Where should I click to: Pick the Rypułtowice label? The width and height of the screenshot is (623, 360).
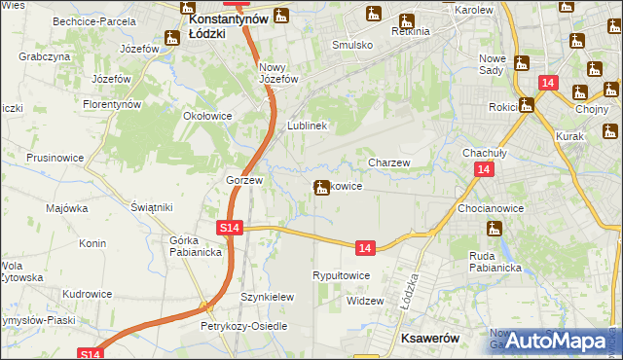[341, 276]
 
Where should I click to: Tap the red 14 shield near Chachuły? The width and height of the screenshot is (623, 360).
[483, 169]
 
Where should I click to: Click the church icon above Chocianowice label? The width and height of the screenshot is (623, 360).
[495, 229]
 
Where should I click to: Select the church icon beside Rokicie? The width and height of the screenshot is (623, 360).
[526, 105]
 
